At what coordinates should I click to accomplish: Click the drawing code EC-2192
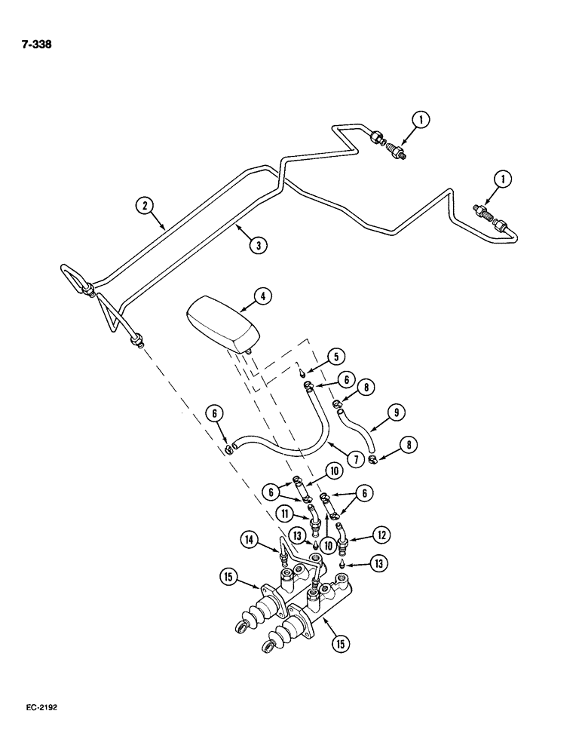(x=38, y=709)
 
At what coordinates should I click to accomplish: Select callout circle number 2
(x=144, y=204)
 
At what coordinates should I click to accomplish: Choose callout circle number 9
(x=397, y=412)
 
